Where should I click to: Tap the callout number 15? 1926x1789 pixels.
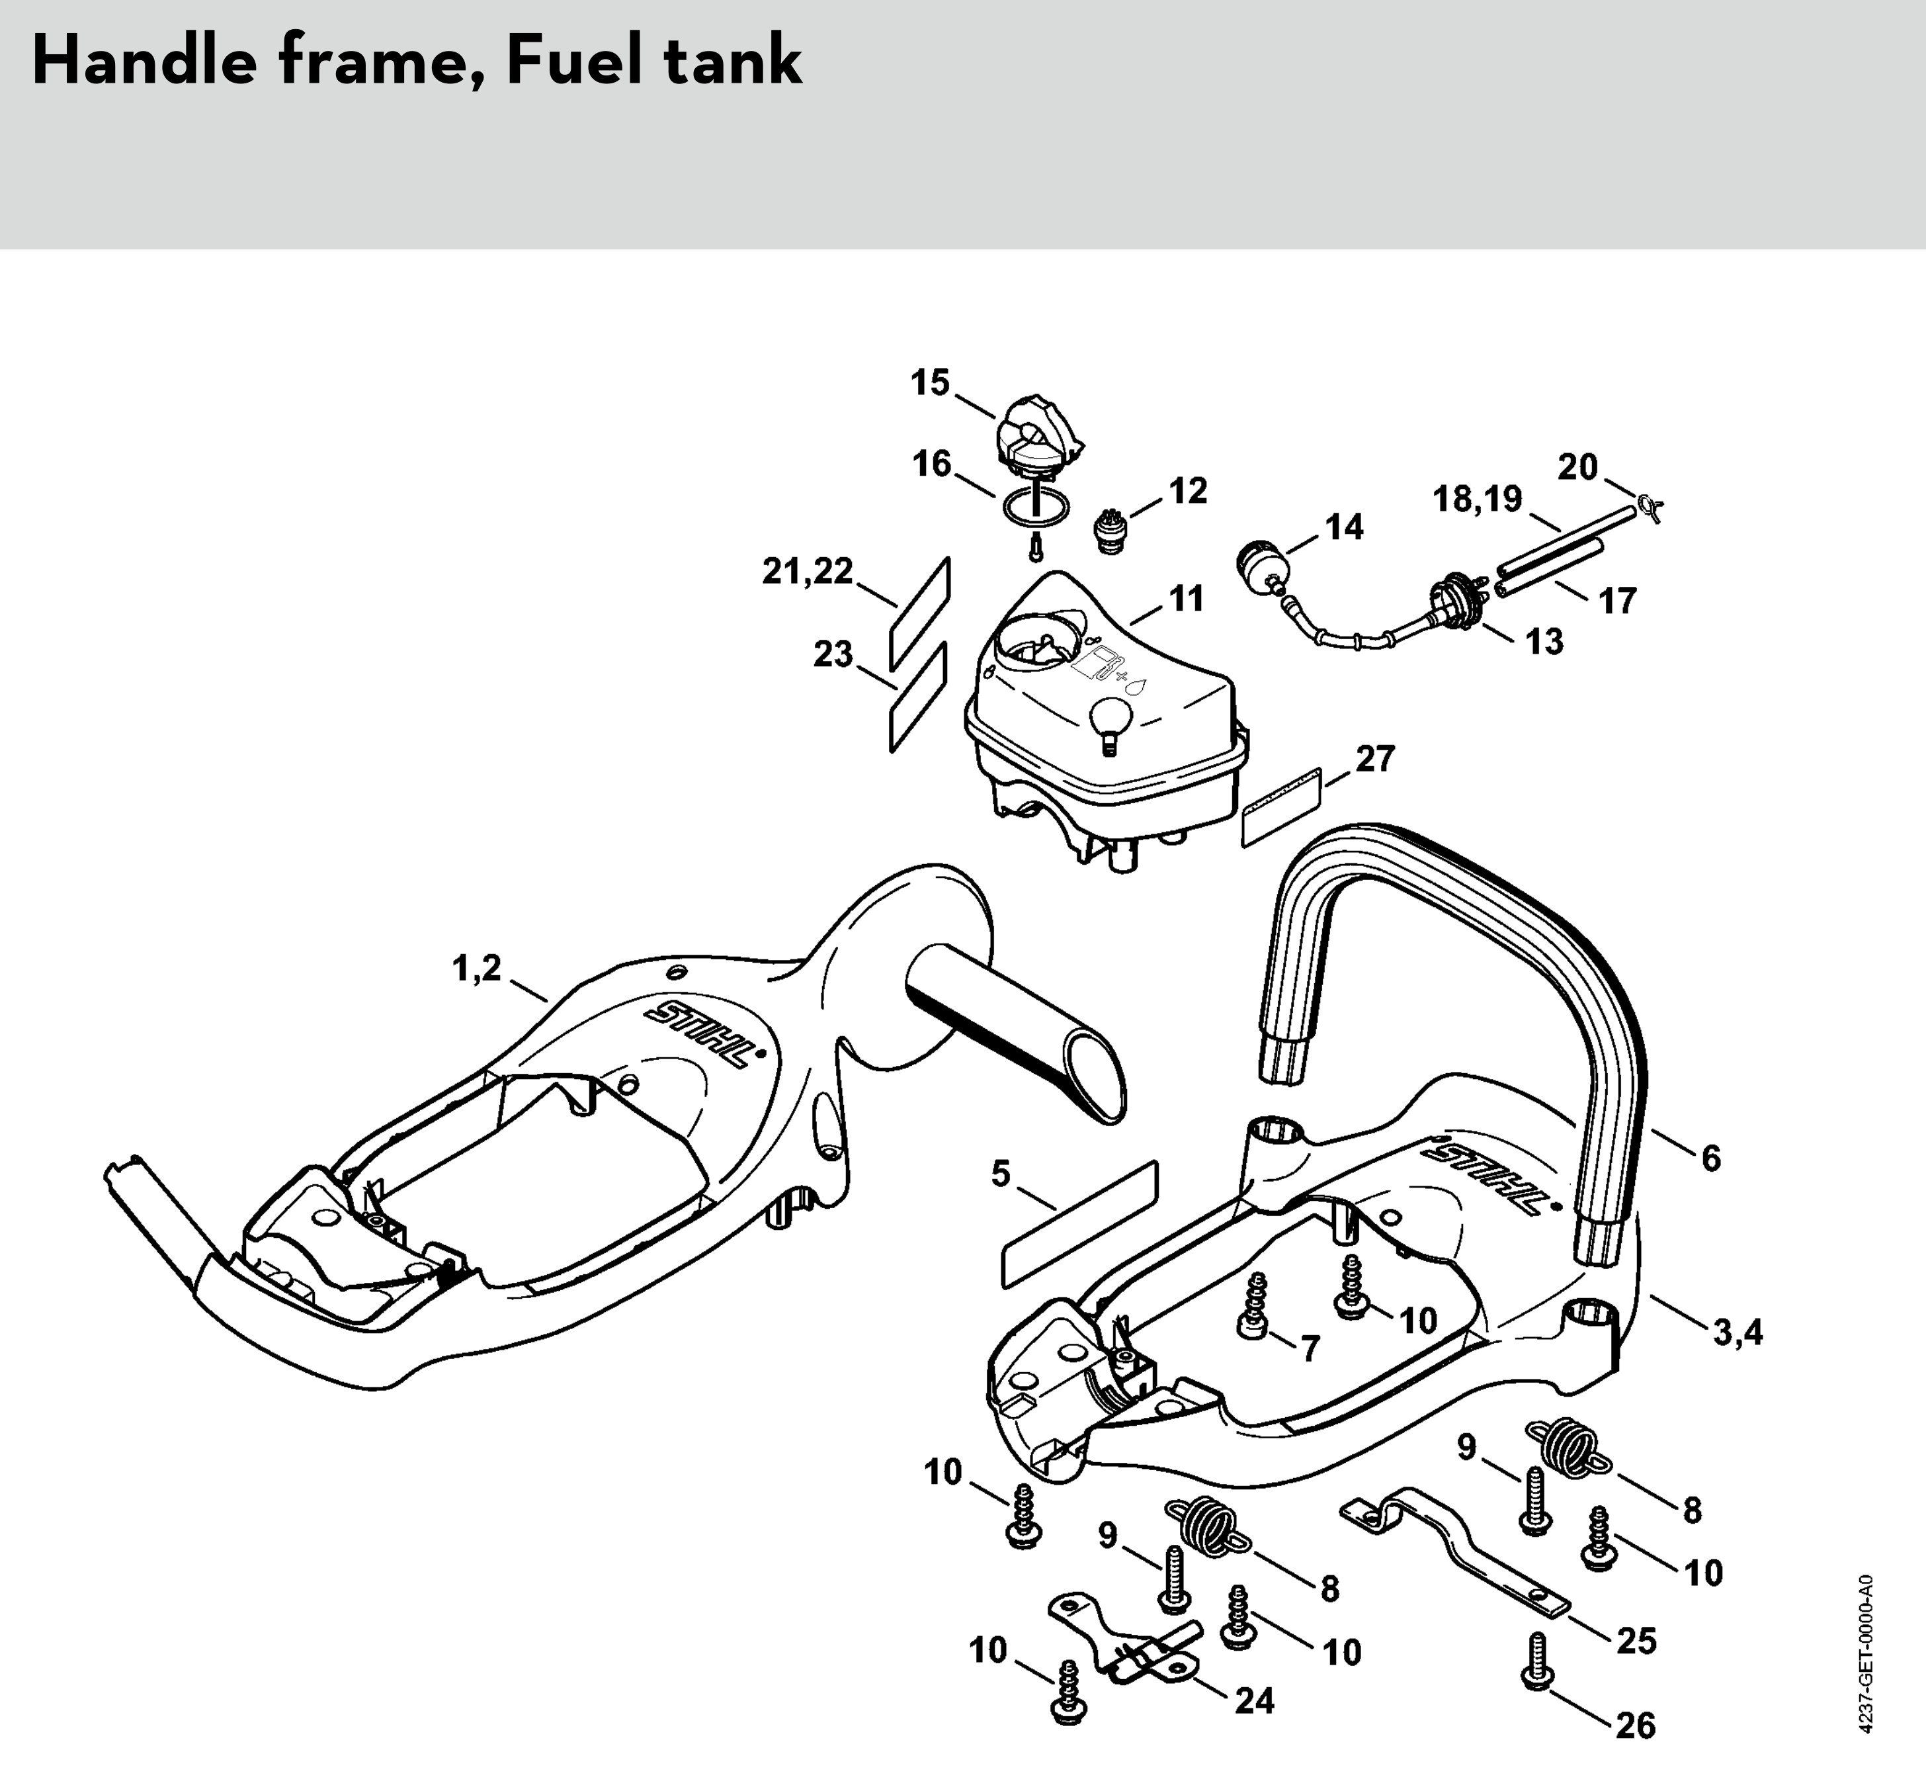tap(930, 383)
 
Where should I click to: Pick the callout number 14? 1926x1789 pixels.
tap(1343, 527)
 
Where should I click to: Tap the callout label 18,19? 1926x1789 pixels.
tap(1477, 500)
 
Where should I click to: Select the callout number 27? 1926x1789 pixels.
tap(1374, 759)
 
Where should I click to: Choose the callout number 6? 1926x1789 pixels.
tap(1711, 1158)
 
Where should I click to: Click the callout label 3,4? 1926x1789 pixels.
tap(1738, 1334)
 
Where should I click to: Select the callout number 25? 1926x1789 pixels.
tap(1636, 1641)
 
